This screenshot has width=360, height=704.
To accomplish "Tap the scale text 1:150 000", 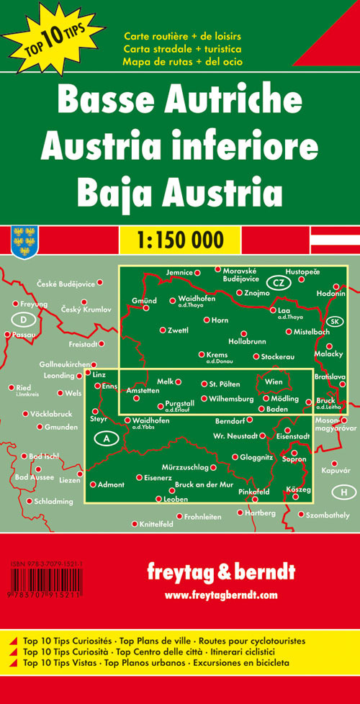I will point(179,238).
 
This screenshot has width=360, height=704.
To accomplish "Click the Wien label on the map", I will point(274,382).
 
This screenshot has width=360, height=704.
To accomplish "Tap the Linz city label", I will point(99,376).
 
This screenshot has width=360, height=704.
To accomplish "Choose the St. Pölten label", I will point(224,384).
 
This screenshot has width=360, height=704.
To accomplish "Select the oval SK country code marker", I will point(335,320).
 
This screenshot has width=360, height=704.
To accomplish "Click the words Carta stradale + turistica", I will point(182,48).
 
